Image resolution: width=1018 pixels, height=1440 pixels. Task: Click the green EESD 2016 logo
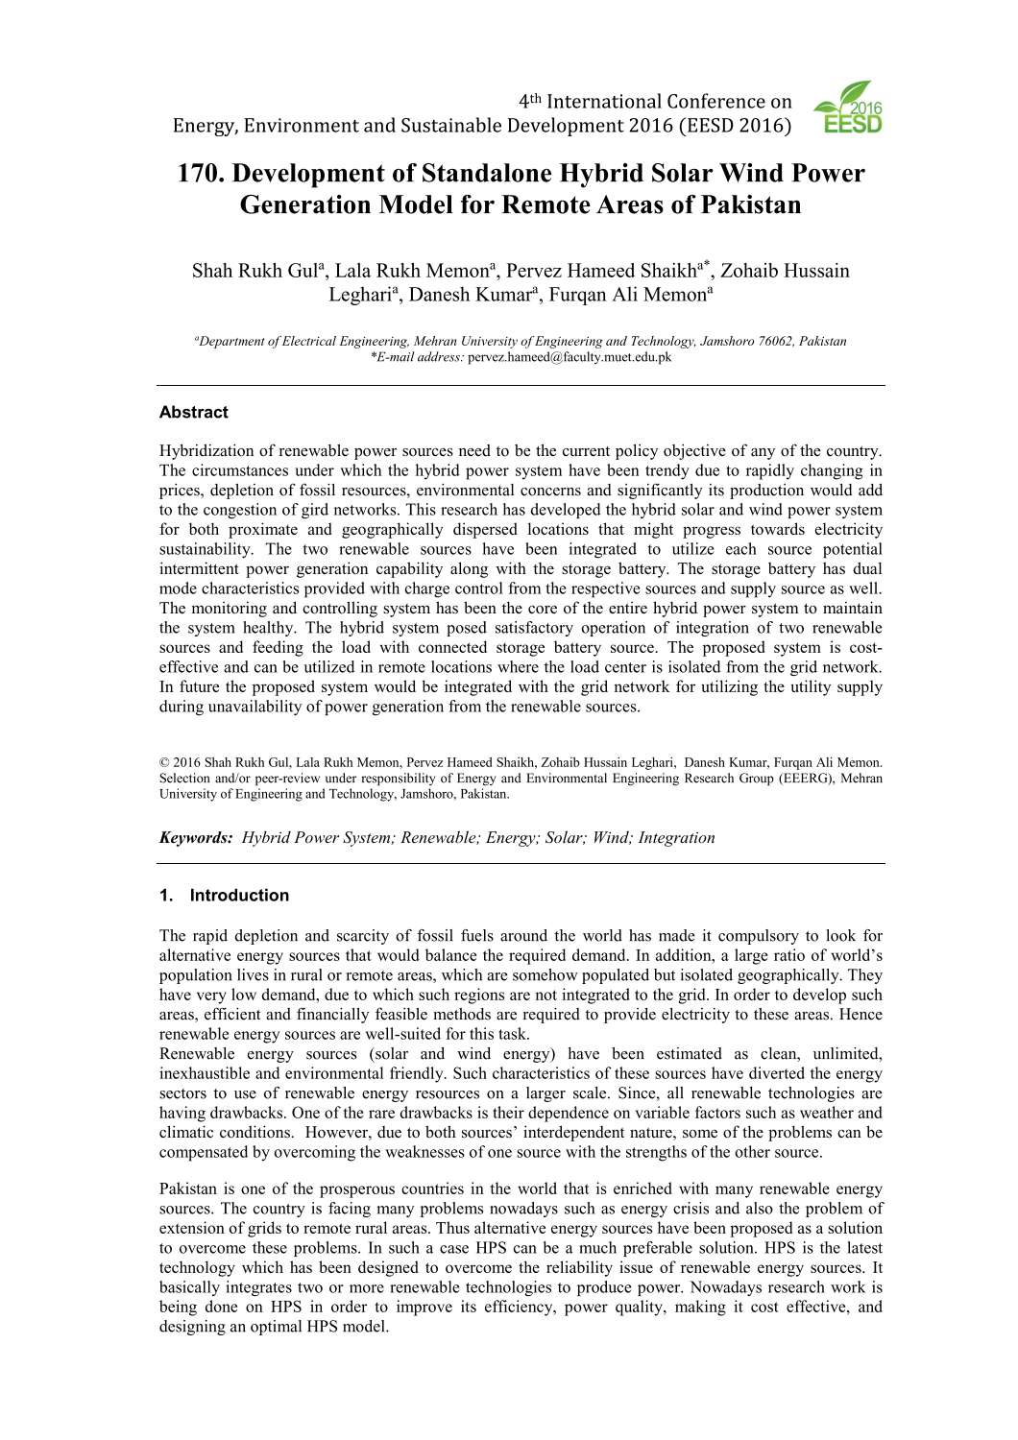tap(847, 108)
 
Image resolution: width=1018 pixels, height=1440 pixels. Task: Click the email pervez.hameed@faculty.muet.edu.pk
tap(570, 357)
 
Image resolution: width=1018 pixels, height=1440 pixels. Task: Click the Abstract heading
tap(193, 413)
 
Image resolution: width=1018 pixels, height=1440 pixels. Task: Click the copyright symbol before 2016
tap(164, 763)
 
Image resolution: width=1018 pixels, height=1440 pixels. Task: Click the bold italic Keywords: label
tap(196, 838)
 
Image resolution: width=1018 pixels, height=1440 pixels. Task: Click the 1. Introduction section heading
tap(224, 896)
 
